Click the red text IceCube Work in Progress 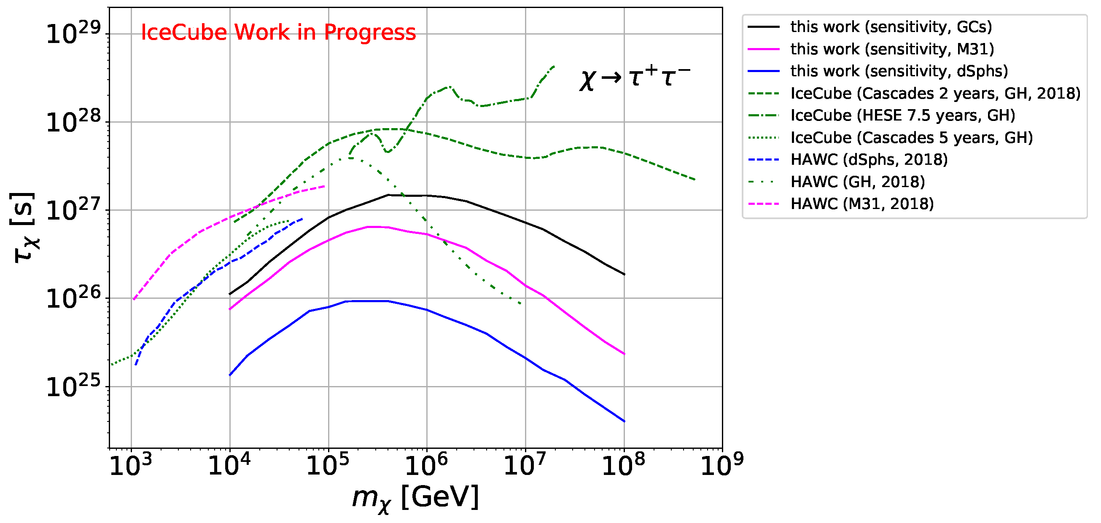point(278,32)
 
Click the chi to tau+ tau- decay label point(634,78)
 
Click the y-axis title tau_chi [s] point(24,228)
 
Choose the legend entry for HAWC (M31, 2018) point(861,204)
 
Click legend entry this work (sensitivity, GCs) point(891,27)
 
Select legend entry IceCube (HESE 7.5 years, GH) point(902,115)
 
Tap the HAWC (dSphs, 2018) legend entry point(869,160)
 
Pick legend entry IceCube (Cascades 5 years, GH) point(911,137)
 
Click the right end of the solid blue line point(625,422)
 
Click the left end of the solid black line point(230,294)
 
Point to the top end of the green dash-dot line point(555,66)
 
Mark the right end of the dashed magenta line point(324,186)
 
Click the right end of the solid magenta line point(625,354)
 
